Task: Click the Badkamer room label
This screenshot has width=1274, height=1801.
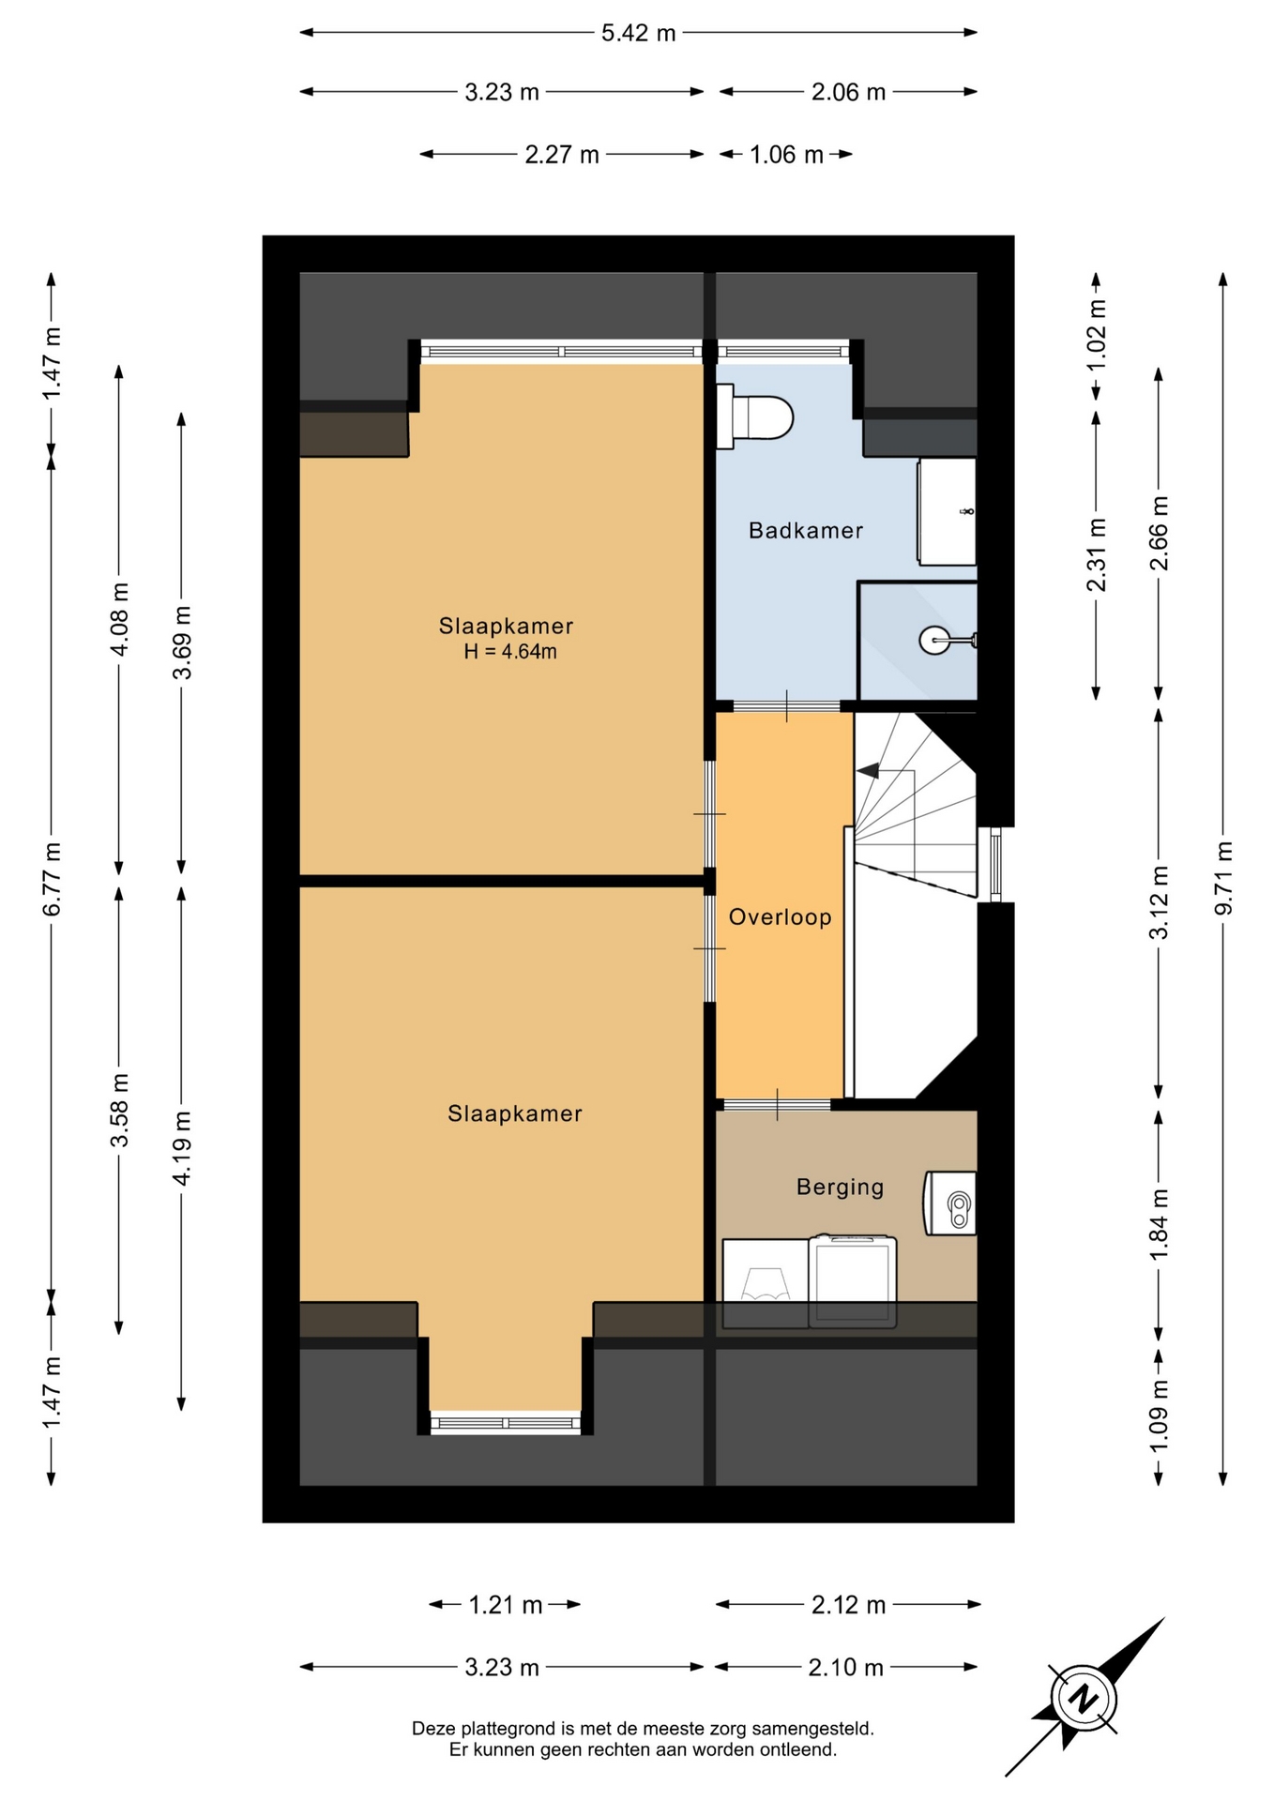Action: point(805,531)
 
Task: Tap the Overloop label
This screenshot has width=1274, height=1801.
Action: point(781,916)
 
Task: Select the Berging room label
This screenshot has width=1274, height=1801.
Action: point(840,1188)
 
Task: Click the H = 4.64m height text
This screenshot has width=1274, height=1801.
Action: point(510,652)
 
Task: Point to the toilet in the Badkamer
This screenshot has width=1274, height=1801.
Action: point(754,416)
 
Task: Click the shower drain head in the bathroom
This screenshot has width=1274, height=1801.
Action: point(935,641)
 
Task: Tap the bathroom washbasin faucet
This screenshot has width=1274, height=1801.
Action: point(966,511)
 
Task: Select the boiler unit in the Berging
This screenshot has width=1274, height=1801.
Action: point(950,1203)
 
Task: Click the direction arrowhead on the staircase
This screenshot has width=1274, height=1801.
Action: point(868,771)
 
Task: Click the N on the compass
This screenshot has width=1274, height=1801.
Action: point(1084,1699)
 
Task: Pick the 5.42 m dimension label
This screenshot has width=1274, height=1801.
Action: point(638,33)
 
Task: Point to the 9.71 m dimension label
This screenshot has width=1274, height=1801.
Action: point(1223,878)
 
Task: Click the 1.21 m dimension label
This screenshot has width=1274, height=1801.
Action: point(506,1605)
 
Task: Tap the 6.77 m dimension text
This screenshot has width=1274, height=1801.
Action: point(52,879)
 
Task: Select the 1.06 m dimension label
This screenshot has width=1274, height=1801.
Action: point(786,155)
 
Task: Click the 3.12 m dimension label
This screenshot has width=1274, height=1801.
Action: point(1160,901)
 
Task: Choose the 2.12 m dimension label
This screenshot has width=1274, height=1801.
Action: point(848,1605)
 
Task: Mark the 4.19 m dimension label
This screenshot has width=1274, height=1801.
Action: point(182,1148)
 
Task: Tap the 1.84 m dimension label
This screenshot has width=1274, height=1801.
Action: point(1160,1225)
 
